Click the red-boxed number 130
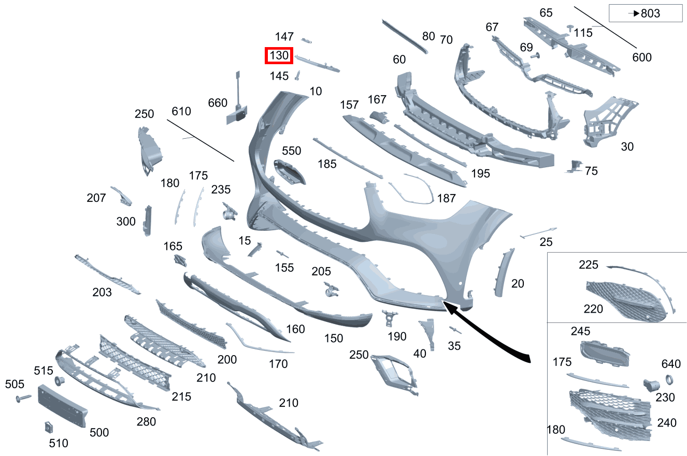click(279, 55)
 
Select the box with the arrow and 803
click(645, 13)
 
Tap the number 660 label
click(218, 103)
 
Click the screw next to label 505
click(24, 399)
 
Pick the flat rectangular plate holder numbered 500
click(63, 406)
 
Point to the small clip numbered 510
click(48, 428)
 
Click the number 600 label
click(642, 57)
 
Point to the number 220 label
click(593, 309)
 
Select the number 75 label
click(591, 171)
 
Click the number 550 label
click(291, 151)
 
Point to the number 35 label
click(454, 345)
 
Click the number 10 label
click(316, 92)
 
